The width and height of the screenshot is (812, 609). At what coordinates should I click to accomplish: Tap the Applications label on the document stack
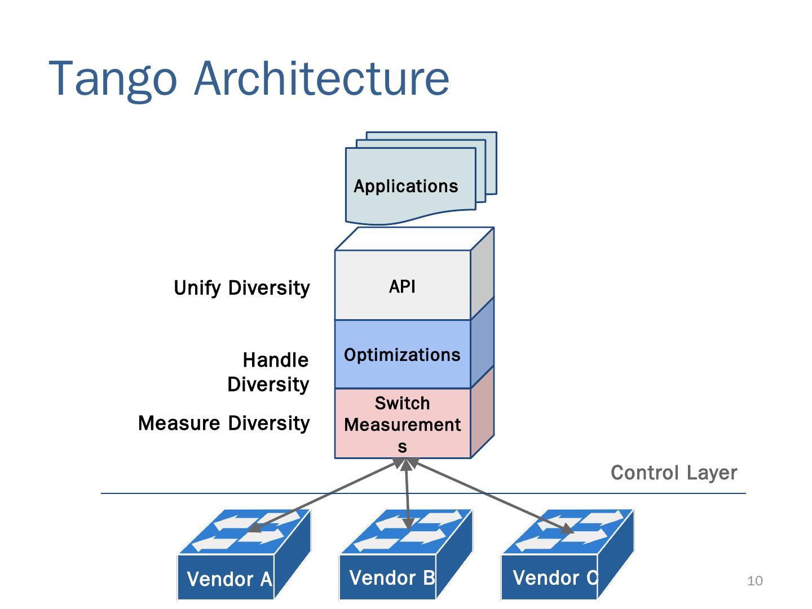405,186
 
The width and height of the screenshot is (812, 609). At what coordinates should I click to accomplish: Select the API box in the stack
403,286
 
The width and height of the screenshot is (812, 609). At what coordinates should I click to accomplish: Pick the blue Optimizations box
403,355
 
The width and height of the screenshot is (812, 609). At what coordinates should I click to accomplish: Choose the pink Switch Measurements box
403,424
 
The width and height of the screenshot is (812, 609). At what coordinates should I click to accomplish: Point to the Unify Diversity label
241,288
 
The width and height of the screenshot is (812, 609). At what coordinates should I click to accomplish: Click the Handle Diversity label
268,372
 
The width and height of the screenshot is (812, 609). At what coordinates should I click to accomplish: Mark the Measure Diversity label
224,423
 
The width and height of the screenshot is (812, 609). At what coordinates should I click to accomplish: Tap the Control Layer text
674,473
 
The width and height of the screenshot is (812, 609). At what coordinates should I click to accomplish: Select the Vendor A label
230,579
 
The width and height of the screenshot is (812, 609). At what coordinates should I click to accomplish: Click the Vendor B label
392,578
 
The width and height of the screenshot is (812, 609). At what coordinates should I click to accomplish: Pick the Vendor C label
555,578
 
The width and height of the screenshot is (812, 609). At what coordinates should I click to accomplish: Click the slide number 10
754,581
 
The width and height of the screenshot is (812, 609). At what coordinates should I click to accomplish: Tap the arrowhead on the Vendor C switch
568,529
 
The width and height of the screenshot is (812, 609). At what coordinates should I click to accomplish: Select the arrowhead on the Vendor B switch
409,523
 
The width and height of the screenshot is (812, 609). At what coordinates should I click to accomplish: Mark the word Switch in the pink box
402,403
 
